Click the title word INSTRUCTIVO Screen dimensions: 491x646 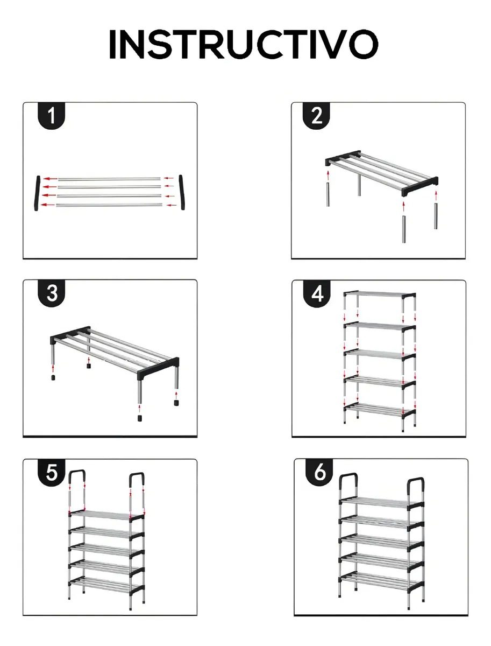coord(244,44)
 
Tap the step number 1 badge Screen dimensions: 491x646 coord(52,115)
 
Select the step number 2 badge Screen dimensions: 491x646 coord(316,115)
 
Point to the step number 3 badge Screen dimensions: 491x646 coord(52,293)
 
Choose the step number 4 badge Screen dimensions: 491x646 coord(317,294)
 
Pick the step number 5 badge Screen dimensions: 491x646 coord(52,472)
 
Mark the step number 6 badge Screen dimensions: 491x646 coord(319,472)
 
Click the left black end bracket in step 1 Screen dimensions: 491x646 coord(37,193)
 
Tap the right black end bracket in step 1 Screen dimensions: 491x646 coord(182,192)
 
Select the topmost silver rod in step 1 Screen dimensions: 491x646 coord(109,179)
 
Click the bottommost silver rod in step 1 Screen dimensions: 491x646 coord(109,205)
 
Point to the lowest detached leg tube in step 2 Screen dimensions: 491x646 coord(404,229)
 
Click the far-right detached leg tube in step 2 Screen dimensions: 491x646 coord(436,216)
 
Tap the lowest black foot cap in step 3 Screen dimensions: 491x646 coord(140,418)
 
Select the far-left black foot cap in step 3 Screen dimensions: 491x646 coord(53,377)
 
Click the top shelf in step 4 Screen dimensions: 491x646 coord(380,295)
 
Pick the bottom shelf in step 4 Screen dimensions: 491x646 coord(380,410)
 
